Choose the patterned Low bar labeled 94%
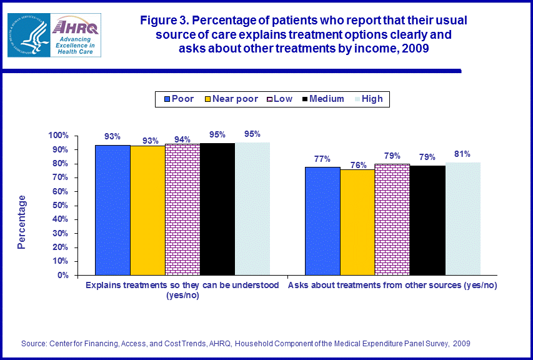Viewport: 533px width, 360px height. pos(182,209)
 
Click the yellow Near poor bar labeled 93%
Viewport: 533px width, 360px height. pos(147,210)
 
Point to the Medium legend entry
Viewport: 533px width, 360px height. pos(321,99)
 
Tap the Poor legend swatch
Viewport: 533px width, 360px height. pos(167,99)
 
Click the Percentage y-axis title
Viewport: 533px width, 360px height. pos(22,222)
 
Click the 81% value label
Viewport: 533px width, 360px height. pos(462,154)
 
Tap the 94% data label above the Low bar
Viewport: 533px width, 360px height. pos(182,139)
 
